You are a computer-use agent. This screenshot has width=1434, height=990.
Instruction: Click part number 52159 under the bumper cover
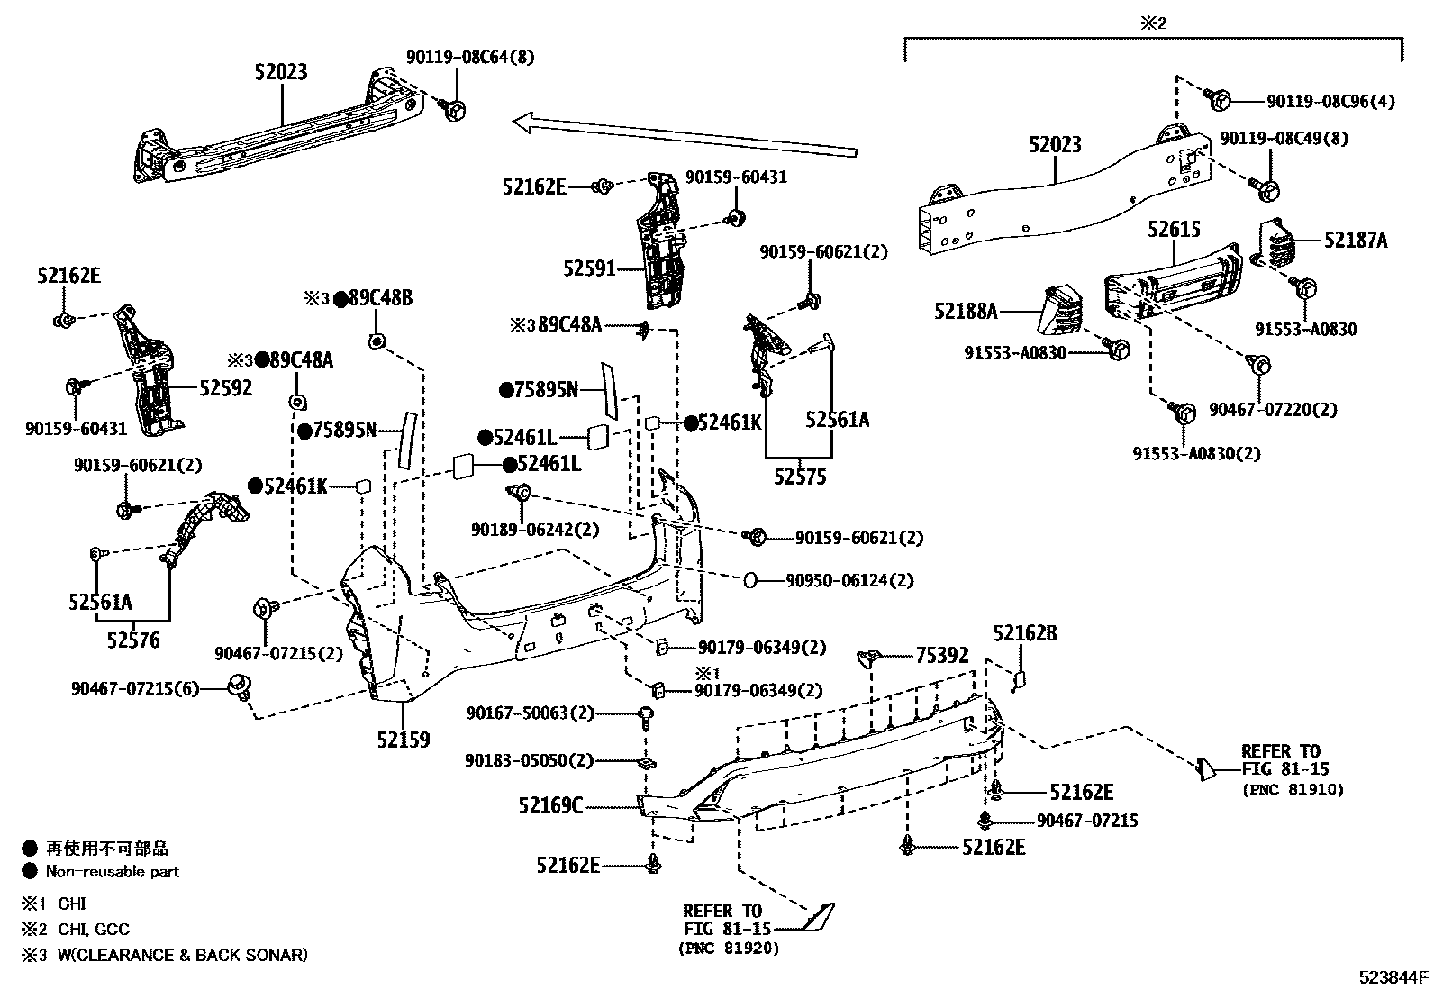(x=403, y=740)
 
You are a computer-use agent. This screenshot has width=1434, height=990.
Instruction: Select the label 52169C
(x=550, y=804)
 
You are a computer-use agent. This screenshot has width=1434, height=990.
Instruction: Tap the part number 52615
(x=1174, y=230)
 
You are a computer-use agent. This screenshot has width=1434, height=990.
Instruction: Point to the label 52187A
(x=1356, y=240)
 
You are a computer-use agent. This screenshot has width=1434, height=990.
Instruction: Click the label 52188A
(x=966, y=312)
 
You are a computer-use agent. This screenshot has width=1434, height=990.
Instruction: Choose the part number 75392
(x=942, y=655)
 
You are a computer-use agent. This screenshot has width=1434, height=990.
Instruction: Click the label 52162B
(x=1025, y=633)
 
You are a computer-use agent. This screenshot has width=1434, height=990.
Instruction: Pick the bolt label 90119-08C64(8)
(x=469, y=57)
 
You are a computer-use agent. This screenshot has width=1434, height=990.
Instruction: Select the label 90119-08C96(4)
(x=1330, y=102)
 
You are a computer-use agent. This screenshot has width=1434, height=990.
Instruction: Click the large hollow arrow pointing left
(x=685, y=135)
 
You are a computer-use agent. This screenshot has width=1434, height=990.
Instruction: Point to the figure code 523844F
(x=1393, y=976)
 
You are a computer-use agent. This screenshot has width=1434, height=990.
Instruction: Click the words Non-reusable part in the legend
(x=113, y=871)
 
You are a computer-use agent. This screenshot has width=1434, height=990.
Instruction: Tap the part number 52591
(x=589, y=268)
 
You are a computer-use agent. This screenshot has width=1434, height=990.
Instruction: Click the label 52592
(x=225, y=387)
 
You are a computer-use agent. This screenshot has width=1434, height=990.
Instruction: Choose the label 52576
(x=132, y=640)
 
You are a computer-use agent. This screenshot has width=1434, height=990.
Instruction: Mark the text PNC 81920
(x=730, y=948)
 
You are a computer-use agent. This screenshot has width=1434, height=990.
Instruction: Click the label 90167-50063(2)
(x=531, y=713)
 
